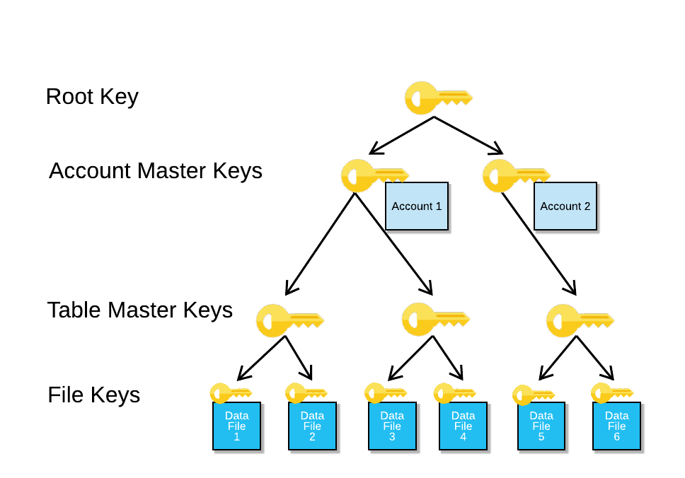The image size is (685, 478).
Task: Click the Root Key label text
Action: [x=92, y=96]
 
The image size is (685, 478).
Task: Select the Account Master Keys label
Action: [x=156, y=171]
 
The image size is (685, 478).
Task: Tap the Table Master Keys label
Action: [x=140, y=310]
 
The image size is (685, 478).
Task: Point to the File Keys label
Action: [x=94, y=395]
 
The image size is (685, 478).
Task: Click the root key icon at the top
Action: [x=437, y=98]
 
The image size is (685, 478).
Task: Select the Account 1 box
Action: [x=417, y=206]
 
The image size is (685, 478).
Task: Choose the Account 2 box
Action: [x=565, y=206]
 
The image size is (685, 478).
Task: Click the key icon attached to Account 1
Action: [x=372, y=176]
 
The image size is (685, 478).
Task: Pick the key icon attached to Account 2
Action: [x=514, y=175]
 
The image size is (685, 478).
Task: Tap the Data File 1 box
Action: [x=237, y=426]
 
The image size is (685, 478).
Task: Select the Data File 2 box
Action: [x=312, y=426]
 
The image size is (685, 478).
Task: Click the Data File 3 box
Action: [x=392, y=426]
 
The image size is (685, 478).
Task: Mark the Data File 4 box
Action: [x=464, y=426]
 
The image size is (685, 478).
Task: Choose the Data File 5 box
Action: [x=541, y=426]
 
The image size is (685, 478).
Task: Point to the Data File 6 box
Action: [x=616, y=426]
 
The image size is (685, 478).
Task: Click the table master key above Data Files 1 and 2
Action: [x=287, y=320]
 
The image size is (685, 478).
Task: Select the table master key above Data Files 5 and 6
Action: [x=578, y=320]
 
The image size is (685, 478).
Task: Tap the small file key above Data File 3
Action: [x=385, y=393]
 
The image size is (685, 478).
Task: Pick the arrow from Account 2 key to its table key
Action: [x=539, y=245]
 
